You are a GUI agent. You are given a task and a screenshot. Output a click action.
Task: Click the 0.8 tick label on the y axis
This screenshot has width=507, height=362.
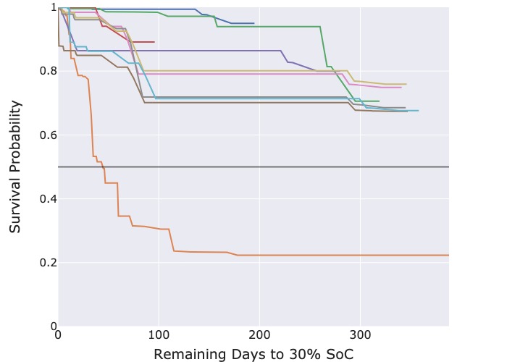(46, 71)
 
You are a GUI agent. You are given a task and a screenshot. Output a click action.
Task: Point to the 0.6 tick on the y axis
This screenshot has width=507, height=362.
(46, 135)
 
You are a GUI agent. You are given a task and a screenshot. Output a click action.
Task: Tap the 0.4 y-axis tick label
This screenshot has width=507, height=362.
(46, 198)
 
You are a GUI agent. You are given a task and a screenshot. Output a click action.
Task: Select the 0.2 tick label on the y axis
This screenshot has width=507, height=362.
(46, 262)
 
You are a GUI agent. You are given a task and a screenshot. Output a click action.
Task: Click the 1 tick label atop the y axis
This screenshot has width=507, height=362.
(51, 7)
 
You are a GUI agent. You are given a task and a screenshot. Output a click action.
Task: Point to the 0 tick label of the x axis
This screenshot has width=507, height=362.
(58, 335)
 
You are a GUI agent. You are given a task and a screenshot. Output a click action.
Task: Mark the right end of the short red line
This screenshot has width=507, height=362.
(154, 42)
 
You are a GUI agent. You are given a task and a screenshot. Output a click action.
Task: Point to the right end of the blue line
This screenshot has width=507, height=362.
(254, 23)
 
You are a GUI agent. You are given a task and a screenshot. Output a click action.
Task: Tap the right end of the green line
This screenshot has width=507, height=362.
(379, 101)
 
